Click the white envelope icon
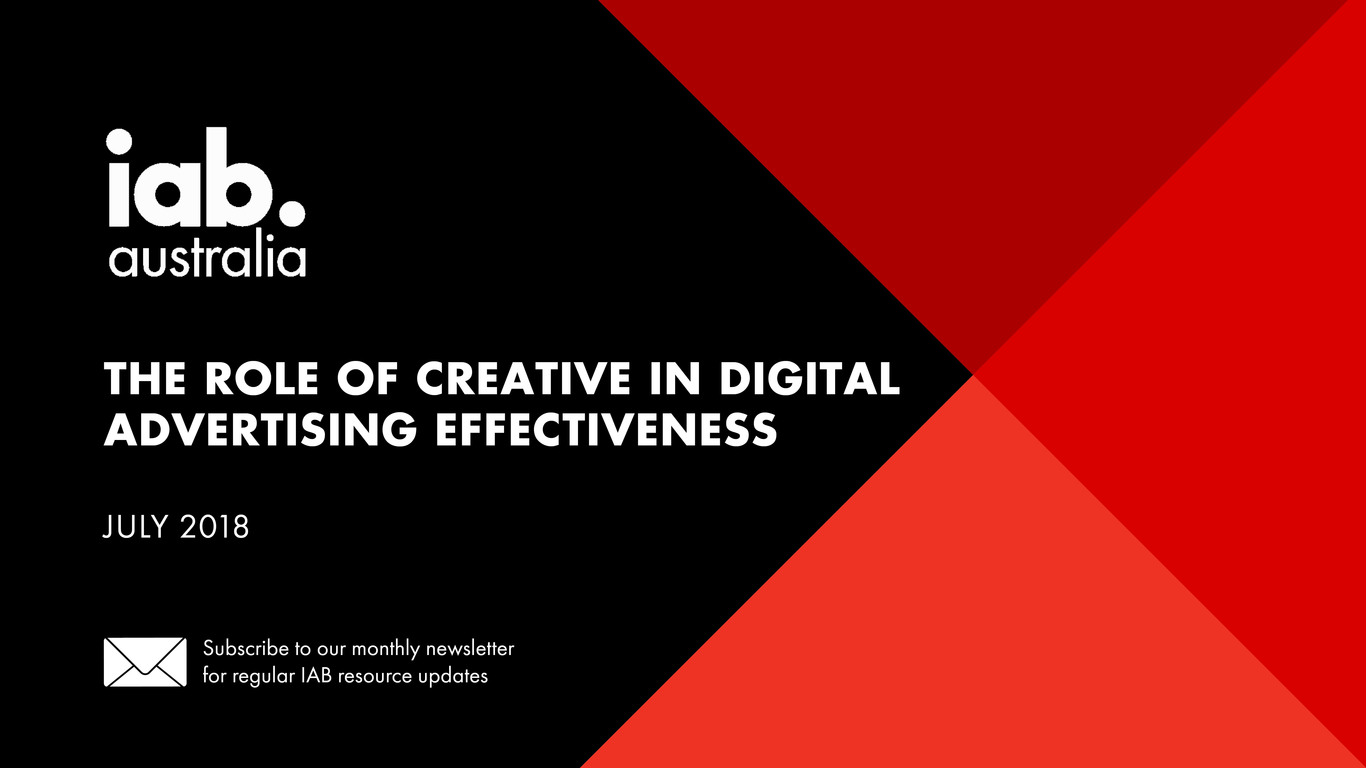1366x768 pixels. (145, 662)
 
